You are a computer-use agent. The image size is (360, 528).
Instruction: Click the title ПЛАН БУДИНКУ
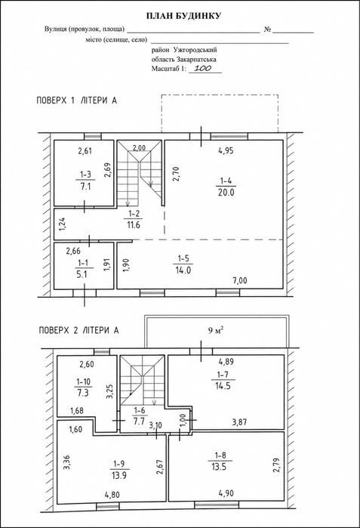183,16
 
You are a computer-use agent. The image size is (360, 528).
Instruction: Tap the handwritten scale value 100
203,68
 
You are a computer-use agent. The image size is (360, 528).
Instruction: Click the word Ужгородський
195,50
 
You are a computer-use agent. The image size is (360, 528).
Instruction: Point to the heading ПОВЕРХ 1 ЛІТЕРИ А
77,100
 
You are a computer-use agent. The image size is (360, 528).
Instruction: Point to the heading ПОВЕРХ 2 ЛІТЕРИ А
78,330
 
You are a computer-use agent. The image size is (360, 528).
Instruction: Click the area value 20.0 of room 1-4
226,193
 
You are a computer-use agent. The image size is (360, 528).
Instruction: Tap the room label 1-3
85,174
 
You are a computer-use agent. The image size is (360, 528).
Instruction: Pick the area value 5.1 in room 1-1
82,274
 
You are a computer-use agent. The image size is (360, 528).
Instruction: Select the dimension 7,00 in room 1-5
239,280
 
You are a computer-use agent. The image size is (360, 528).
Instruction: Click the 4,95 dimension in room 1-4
226,150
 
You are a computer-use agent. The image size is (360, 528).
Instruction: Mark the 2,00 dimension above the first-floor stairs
139,147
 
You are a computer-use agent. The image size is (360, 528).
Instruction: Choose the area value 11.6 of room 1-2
134,224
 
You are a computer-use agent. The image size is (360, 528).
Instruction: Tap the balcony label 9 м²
216,330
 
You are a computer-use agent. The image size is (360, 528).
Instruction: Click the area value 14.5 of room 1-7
223,385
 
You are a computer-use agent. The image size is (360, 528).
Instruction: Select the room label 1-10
83,382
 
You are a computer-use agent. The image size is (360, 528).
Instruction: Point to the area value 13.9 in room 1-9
119,475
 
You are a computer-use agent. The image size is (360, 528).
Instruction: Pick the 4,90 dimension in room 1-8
226,493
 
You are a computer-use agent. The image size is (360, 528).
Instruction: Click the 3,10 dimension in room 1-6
155,425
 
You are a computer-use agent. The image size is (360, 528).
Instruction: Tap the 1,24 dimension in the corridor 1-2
63,224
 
